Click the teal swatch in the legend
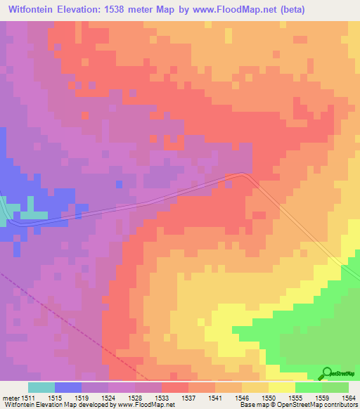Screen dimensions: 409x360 tap(41, 388)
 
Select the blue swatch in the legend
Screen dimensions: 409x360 tap(68, 388)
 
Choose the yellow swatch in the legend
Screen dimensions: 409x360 tap(282, 388)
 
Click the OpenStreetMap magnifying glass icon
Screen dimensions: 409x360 tap(326, 373)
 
